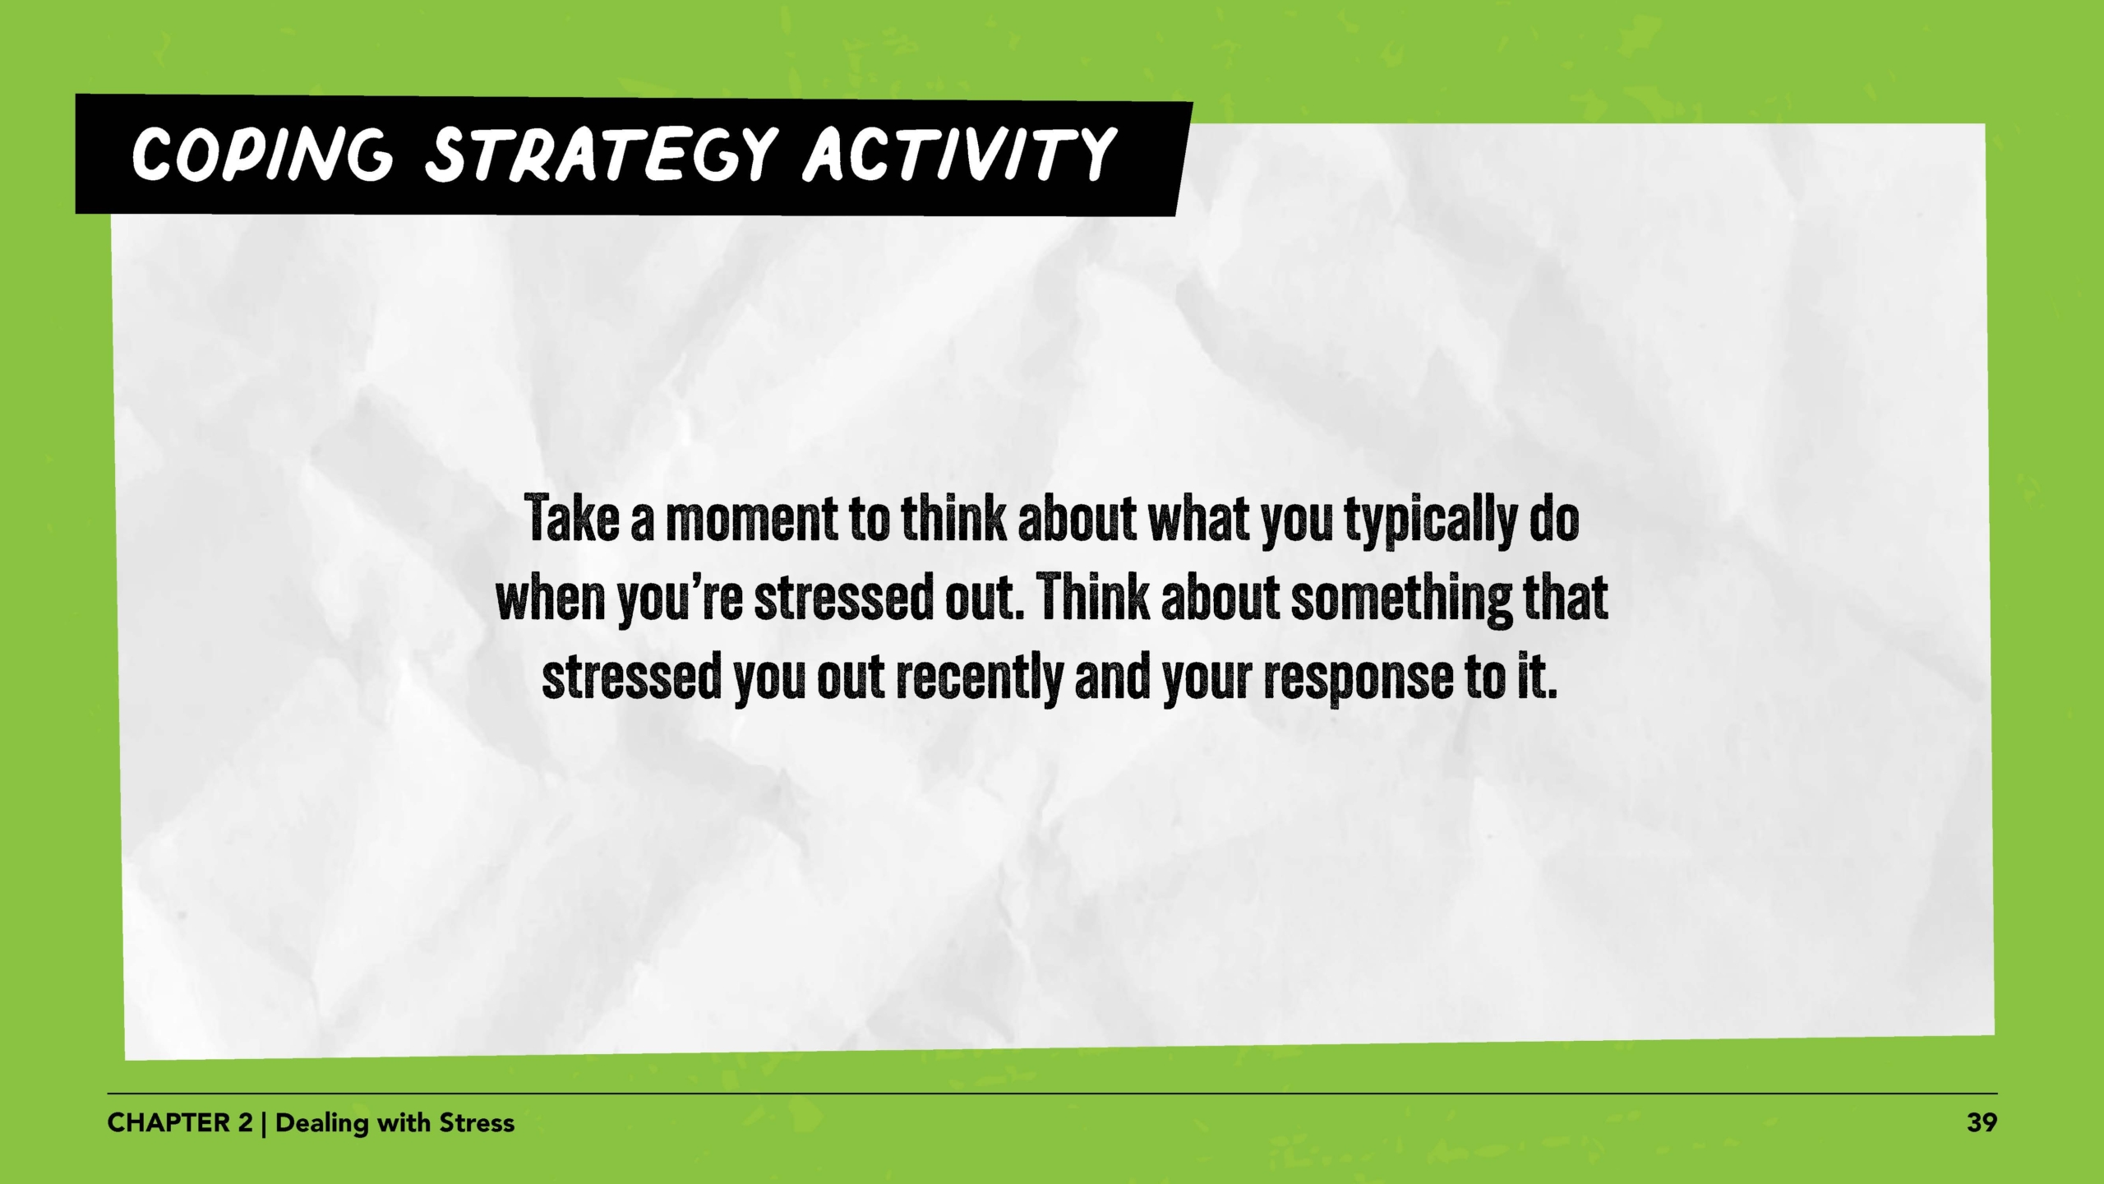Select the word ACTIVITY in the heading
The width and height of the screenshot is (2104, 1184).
(958, 155)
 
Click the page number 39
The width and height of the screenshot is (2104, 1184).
(1982, 1122)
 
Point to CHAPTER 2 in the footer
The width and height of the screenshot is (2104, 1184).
(180, 1122)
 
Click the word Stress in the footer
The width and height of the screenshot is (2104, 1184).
(477, 1122)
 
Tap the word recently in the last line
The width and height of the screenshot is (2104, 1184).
(979, 678)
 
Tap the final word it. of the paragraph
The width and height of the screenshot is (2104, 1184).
(1536, 678)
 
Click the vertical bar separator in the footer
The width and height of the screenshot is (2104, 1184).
(264, 1122)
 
